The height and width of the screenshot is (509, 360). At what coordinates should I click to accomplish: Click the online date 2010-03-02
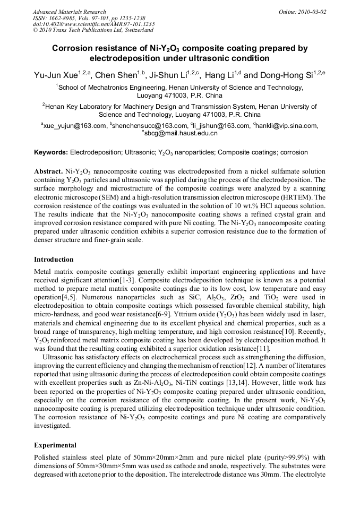pyautogui.click(x=312, y=12)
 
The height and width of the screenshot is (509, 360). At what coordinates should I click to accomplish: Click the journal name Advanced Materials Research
pyautogui.click(x=70, y=12)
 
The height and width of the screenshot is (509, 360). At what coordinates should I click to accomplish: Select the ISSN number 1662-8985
pyautogui.click(x=66, y=18)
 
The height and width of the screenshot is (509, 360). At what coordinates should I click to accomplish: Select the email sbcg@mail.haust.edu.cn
pyautogui.click(x=181, y=134)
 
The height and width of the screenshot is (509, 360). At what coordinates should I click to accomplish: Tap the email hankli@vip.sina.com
pyautogui.click(x=287, y=126)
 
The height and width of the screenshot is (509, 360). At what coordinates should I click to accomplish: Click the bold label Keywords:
pyautogui.click(x=51, y=152)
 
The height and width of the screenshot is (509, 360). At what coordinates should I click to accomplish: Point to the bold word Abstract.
pyautogui.click(x=48, y=172)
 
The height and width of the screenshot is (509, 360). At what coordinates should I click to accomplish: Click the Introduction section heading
pyautogui.click(x=54, y=260)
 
